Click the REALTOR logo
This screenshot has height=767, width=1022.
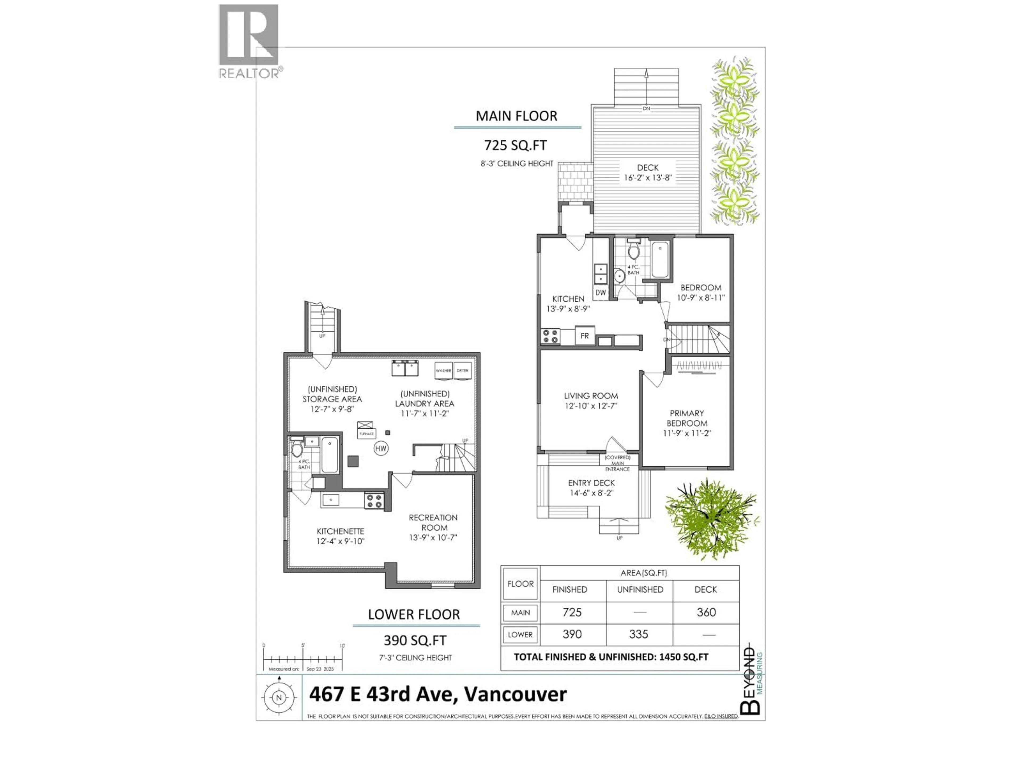[249, 41]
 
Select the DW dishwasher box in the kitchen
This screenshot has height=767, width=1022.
[600, 292]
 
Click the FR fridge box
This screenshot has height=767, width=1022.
[584, 336]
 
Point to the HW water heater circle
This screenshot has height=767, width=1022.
[381, 448]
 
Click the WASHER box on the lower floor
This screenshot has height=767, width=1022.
[444, 371]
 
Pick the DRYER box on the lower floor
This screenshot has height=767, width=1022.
[463, 371]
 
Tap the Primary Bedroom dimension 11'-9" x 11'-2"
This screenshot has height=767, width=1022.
[687, 433]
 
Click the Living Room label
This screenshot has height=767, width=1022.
[591, 396]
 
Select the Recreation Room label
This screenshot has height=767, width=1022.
[433, 523]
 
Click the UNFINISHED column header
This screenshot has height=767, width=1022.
[640, 589]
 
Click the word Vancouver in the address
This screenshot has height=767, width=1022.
[515, 694]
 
